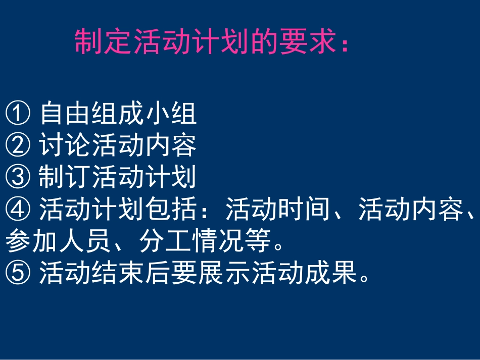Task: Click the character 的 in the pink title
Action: pos(266,42)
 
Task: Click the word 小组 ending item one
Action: pos(171,113)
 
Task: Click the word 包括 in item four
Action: pos(171,210)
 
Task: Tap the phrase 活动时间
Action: pos(278,210)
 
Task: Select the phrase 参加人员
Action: pos(58,242)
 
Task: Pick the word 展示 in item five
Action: pos(224,275)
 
